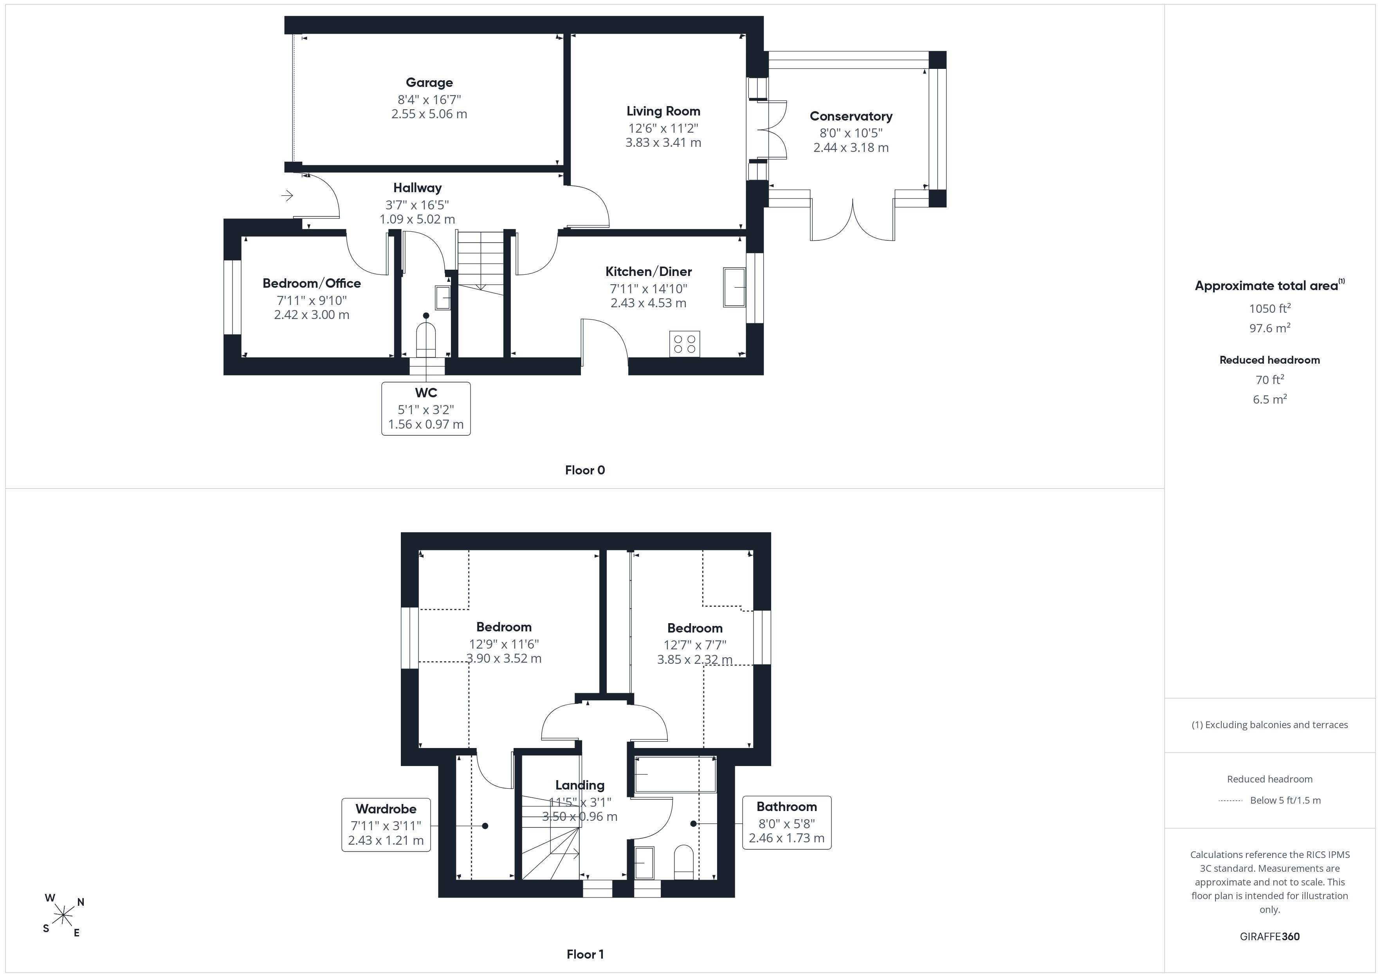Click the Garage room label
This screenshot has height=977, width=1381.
click(x=429, y=83)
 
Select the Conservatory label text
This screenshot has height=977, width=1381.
click(x=851, y=116)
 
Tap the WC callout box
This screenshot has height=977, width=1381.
click(x=426, y=409)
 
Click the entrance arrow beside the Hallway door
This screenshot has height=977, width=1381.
click(x=287, y=195)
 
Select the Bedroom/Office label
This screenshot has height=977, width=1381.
click(x=312, y=283)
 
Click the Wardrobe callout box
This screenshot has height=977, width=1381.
click(x=386, y=825)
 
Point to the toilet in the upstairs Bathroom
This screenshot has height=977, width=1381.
click(x=684, y=862)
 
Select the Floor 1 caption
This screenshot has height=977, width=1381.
click(x=585, y=954)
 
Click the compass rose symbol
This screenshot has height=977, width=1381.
click(x=63, y=916)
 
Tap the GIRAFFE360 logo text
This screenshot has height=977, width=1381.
click(x=1270, y=936)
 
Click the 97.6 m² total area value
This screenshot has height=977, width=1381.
click(x=1270, y=328)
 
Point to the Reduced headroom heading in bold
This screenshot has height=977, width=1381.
click(x=1270, y=360)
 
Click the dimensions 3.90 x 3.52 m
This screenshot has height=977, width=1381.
click(x=504, y=658)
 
